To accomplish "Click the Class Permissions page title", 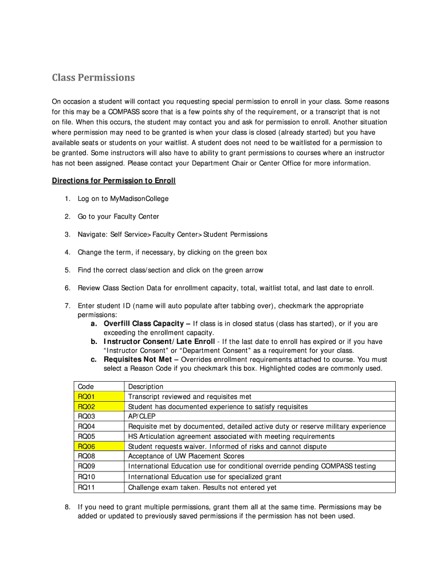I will (93, 77).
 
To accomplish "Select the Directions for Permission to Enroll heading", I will (113, 181).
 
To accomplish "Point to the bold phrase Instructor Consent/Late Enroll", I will (159, 342).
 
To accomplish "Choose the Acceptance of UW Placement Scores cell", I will (186, 456).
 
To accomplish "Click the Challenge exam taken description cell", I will (202, 488).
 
